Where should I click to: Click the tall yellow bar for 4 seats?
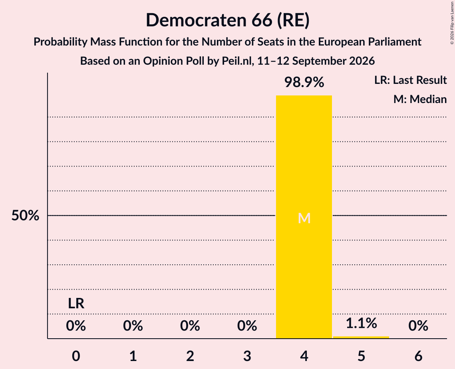point(304,217)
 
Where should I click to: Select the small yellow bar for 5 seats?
point(361,337)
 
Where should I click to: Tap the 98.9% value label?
point(304,82)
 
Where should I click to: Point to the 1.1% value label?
point(361,323)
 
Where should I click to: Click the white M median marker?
point(304,218)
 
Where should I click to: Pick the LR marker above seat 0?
point(76,304)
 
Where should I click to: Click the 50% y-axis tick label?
point(25,216)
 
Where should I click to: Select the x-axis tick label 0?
point(76,356)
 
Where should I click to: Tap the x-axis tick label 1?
point(133,356)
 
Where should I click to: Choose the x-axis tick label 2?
point(190,356)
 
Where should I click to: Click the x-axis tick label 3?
point(247,356)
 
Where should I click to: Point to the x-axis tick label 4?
point(304,356)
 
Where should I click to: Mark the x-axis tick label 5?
point(361,356)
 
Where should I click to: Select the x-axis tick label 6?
point(418,356)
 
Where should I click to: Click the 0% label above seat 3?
point(247,326)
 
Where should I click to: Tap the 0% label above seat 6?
point(418,326)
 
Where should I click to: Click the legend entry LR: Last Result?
point(410,80)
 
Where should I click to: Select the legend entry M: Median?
point(420,99)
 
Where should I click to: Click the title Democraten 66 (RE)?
point(228,20)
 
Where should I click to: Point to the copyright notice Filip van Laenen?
point(452,23)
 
